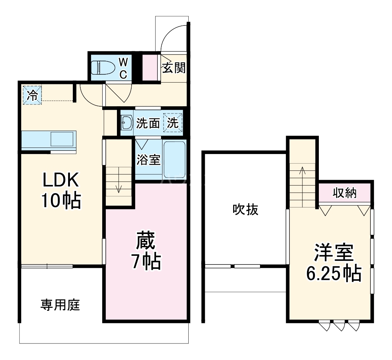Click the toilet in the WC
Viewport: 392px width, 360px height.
point(103,67)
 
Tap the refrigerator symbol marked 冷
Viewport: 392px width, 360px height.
point(32,95)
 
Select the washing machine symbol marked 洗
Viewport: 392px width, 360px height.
point(173,123)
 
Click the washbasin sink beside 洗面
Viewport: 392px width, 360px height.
point(126,123)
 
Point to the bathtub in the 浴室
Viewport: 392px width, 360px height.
point(174,159)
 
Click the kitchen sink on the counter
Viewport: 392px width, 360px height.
point(62,139)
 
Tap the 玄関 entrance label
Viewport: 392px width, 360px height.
point(174,67)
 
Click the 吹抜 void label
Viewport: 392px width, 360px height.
point(245,210)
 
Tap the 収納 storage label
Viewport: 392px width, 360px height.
point(344,193)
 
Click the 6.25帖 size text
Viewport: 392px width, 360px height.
point(334,274)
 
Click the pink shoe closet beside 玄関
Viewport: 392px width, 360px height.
point(150,67)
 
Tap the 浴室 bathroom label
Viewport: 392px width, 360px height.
point(148,160)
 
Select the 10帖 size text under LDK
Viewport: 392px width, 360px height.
point(61,201)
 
